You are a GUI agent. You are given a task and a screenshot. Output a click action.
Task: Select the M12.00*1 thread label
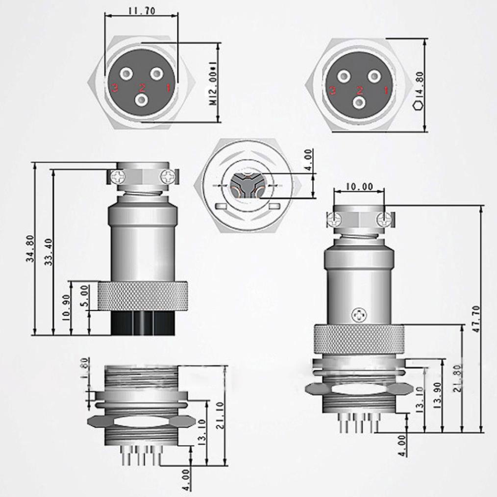(213, 83)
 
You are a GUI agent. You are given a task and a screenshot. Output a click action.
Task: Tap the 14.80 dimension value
(419, 83)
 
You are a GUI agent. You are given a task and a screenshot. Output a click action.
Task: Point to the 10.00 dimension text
(359, 186)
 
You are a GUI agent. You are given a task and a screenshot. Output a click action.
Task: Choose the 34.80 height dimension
(30, 249)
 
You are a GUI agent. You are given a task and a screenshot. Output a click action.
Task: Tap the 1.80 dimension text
(83, 366)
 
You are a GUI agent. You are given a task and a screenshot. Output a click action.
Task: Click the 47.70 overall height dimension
(476, 319)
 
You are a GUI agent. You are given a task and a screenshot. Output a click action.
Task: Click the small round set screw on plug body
(359, 314)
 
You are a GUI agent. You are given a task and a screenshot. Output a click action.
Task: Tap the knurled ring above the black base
(142, 296)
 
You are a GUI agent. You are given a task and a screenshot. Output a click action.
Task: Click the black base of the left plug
(143, 323)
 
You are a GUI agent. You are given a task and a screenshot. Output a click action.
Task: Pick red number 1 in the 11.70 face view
(167, 88)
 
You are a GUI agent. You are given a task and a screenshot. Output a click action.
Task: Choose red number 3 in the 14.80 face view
(333, 91)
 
